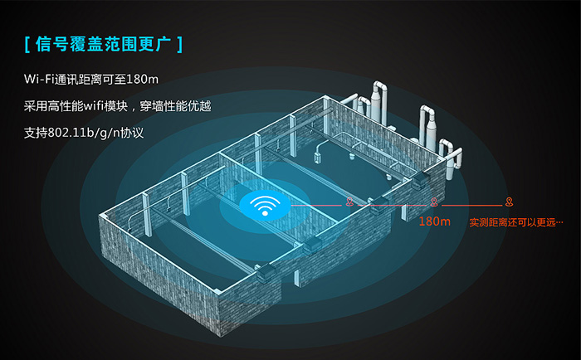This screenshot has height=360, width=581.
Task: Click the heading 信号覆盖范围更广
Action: [104, 44]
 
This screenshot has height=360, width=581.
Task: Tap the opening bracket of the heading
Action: [27, 45]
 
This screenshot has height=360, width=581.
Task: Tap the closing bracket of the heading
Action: [180, 45]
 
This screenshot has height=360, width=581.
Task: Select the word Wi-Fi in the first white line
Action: [39, 79]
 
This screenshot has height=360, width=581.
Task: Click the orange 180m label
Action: [435, 221]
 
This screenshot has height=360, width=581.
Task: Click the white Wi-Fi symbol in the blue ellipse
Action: [265, 206]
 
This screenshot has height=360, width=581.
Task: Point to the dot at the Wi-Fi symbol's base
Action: [265, 213]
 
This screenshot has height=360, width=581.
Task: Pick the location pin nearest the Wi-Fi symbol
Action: [349, 202]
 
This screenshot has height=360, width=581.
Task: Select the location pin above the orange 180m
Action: [434, 202]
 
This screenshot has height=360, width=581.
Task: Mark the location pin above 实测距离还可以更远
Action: [510, 202]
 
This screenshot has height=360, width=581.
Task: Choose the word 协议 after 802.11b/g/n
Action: [132, 133]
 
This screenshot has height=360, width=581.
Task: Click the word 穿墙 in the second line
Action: [151, 106]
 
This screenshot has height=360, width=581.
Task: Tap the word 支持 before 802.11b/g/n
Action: [36, 133]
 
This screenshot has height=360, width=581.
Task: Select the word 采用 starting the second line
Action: [36, 106]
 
